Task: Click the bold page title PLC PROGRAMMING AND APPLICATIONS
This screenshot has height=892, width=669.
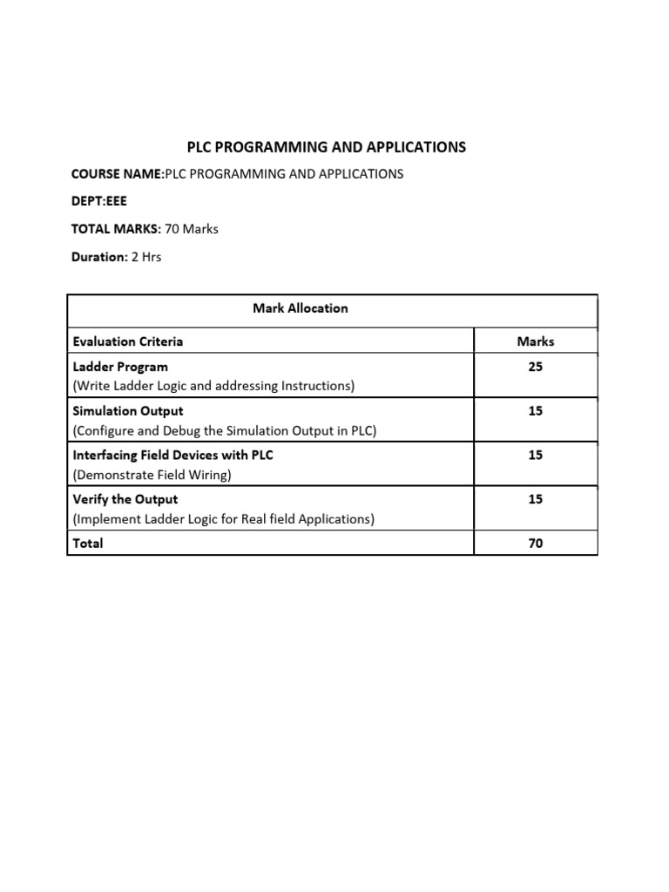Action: click(x=328, y=147)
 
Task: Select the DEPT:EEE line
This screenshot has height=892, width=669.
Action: click(x=98, y=201)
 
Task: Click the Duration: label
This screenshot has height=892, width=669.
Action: click(x=99, y=257)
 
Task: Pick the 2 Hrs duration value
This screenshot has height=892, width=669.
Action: click(x=146, y=257)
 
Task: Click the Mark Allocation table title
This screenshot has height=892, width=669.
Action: click(x=300, y=308)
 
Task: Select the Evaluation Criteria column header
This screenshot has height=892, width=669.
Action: click(x=128, y=341)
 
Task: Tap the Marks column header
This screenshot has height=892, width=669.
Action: click(x=535, y=341)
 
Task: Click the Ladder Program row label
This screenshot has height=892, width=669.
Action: click(x=120, y=367)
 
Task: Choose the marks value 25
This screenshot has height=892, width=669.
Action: click(x=535, y=367)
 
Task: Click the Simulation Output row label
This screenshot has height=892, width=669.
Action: click(x=128, y=410)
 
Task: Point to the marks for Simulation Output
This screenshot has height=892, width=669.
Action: click(x=535, y=410)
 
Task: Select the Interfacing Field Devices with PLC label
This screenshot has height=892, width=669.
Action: click(x=172, y=456)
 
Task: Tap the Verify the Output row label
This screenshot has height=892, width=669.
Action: click(x=125, y=499)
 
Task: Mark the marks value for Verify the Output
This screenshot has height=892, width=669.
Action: click(x=535, y=499)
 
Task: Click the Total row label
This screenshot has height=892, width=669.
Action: click(x=88, y=544)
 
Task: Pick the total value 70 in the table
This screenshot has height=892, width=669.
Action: click(x=535, y=544)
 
